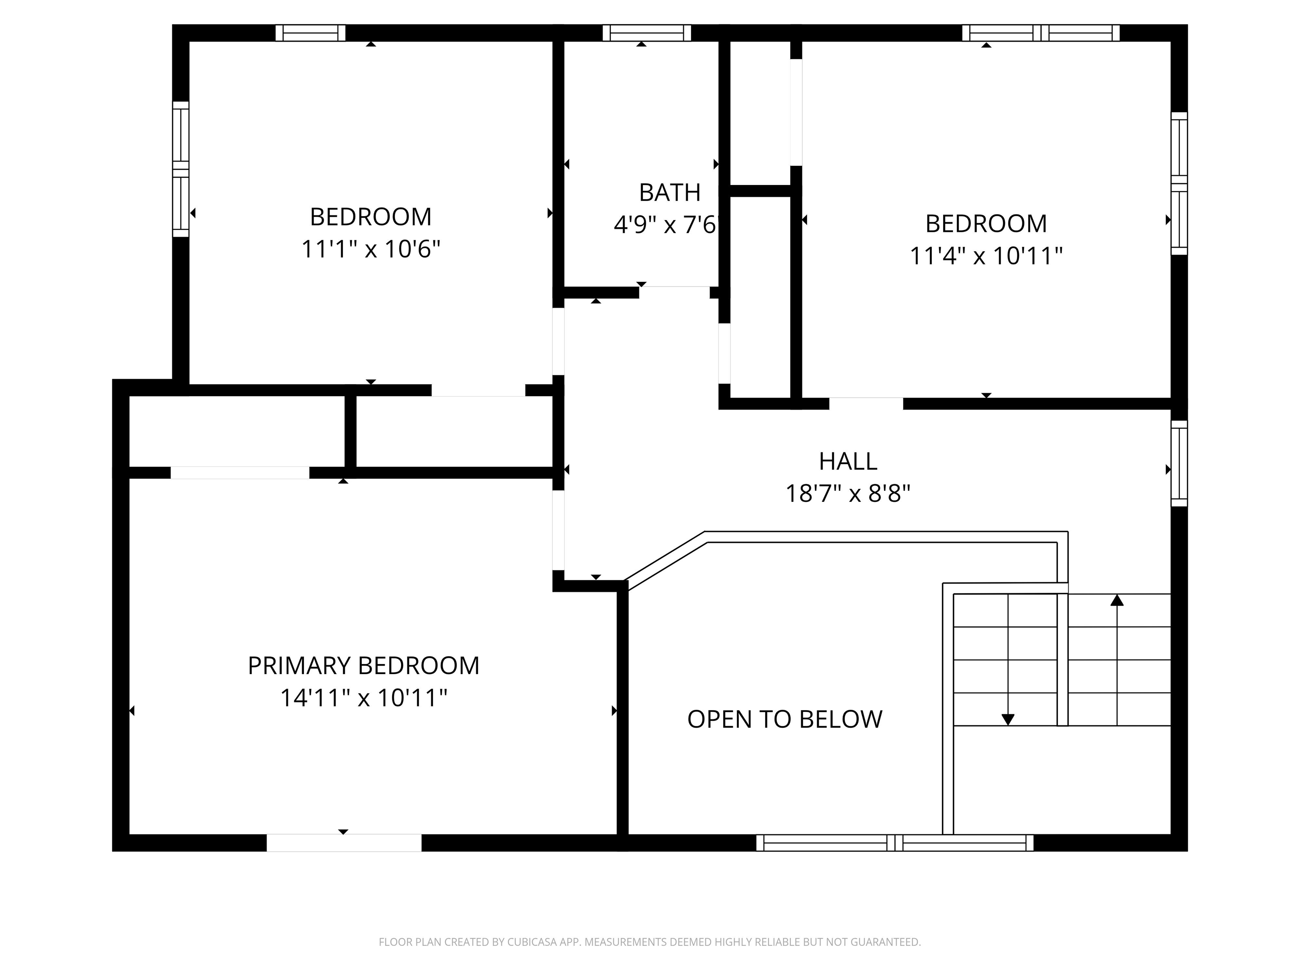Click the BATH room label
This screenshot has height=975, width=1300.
[669, 193]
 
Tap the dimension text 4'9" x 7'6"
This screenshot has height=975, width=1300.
[666, 225]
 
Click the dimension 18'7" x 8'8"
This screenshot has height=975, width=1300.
[848, 494]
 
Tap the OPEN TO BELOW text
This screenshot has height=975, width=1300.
[785, 719]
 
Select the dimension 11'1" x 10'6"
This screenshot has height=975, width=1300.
[370, 249]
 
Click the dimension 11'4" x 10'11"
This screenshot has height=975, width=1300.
[986, 256]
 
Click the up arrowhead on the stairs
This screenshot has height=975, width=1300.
[1117, 600]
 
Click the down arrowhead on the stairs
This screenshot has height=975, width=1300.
[1008, 719]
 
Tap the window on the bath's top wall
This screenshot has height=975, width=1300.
[647, 33]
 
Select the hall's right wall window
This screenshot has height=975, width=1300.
[1179, 463]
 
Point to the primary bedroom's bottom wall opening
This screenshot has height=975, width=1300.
[344, 843]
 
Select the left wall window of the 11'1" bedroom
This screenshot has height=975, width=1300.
[180, 169]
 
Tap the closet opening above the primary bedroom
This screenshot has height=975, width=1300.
[240, 473]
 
